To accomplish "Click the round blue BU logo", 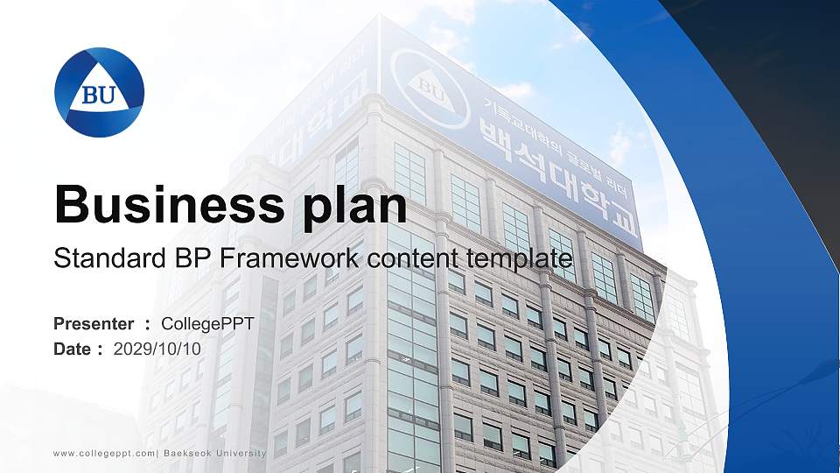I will pos(99,92).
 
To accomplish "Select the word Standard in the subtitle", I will pos(99,259).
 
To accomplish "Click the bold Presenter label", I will pos(94,324).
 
